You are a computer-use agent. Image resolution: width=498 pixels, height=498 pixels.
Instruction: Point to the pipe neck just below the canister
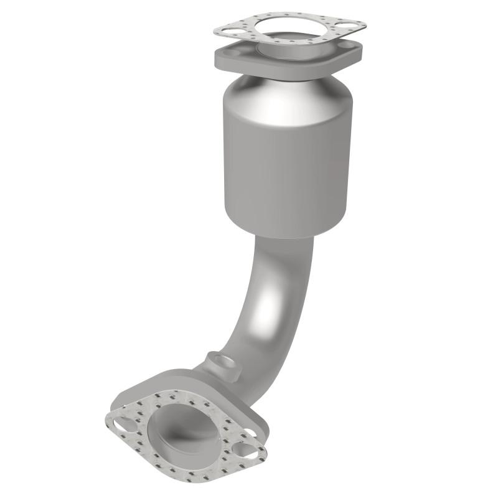pos(283,252)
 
